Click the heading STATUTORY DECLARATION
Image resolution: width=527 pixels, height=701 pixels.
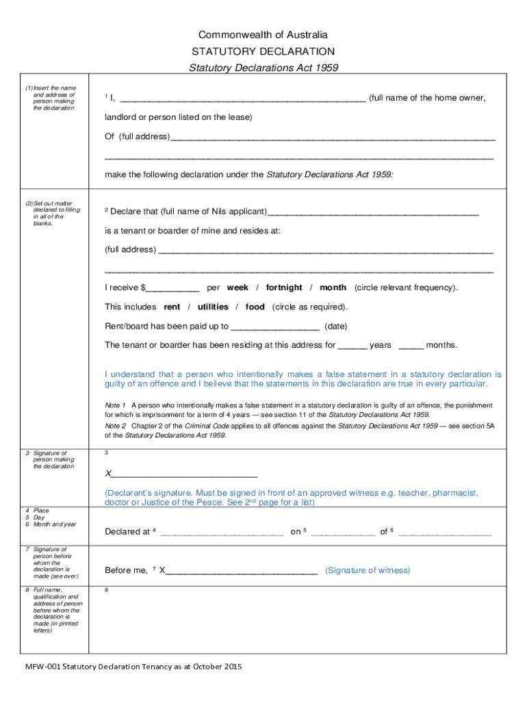click(x=263, y=51)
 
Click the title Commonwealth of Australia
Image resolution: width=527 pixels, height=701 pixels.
click(x=263, y=35)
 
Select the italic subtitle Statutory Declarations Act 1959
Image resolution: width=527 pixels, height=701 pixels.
click(x=263, y=68)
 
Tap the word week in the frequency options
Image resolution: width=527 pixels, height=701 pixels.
click(x=237, y=288)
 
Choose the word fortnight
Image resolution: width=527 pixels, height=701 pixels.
click(x=283, y=288)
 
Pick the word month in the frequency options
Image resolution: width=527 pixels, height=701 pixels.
click(x=333, y=288)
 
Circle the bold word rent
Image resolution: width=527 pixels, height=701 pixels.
click(x=172, y=307)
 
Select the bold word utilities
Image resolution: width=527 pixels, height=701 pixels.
click(x=213, y=307)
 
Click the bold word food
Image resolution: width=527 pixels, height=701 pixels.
click(x=255, y=307)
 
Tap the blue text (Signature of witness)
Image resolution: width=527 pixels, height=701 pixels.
click(x=368, y=570)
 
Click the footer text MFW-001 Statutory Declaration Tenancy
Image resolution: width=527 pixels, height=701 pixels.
click(x=133, y=666)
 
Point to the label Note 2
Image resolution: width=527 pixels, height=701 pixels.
click(x=115, y=426)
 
